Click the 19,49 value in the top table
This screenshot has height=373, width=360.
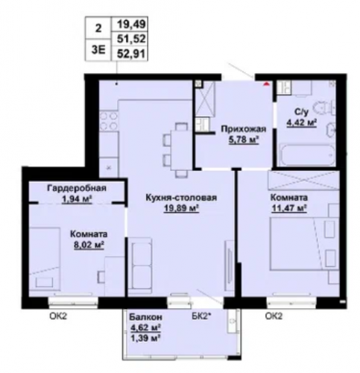click(x=131, y=25)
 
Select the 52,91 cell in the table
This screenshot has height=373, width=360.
click(x=131, y=53)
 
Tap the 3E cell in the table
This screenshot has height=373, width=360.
click(x=98, y=50)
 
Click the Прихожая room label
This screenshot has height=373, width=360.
click(x=244, y=129)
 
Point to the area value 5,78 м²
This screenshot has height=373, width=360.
click(x=244, y=140)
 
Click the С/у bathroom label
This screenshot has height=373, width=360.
click(x=302, y=112)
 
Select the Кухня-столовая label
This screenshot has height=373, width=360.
click(x=181, y=198)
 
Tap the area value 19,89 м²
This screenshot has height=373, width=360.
click(x=181, y=208)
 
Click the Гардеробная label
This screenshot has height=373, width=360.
click(x=77, y=188)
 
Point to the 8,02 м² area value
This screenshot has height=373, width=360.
click(x=89, y=245)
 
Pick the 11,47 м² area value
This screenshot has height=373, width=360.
click(x=288, y=208)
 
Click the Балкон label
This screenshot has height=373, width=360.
click(x=145, y=317)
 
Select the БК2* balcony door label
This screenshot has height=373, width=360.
click(x=201, y=316)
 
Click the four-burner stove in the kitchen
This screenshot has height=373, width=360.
click(x=108, y=121)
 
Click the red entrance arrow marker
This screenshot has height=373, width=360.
click(x=266, y=84)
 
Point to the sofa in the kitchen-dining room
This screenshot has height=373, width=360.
click(x=139, y=266)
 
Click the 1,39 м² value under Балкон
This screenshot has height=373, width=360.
click(x=145, y=339)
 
